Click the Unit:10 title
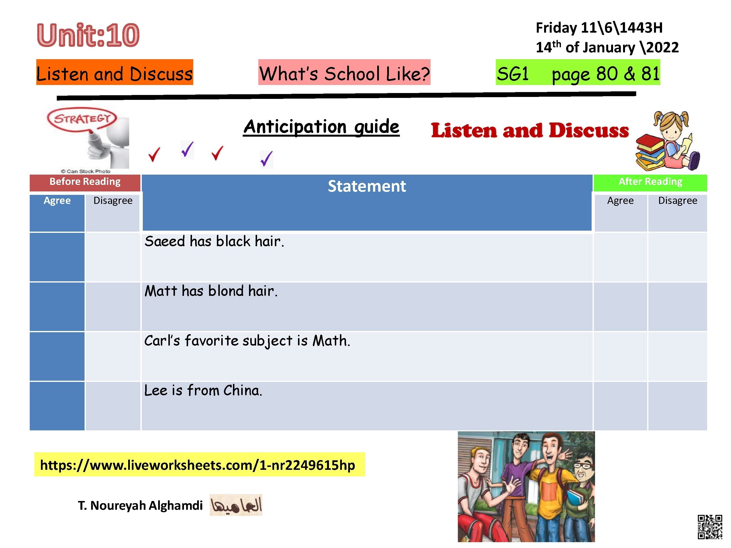[x=88, y=35]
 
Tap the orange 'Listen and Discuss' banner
[x=115, y=72]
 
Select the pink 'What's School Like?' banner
[x=344, y=72]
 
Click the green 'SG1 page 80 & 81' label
[x=578, y=72]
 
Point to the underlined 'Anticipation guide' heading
[x=321, y=127]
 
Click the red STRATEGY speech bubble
[x=82, y=119]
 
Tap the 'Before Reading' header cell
[x=85, y=183]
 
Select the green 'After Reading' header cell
[x=650, y=183]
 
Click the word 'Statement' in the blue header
[x=366, y=186]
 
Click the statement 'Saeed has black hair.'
[x=214, y=241]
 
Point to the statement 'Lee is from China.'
[x=203, y=390]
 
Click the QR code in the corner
[x=710, y=527]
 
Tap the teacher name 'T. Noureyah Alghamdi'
[x=140, y=505]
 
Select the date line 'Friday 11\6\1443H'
[x=599, y=28]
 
